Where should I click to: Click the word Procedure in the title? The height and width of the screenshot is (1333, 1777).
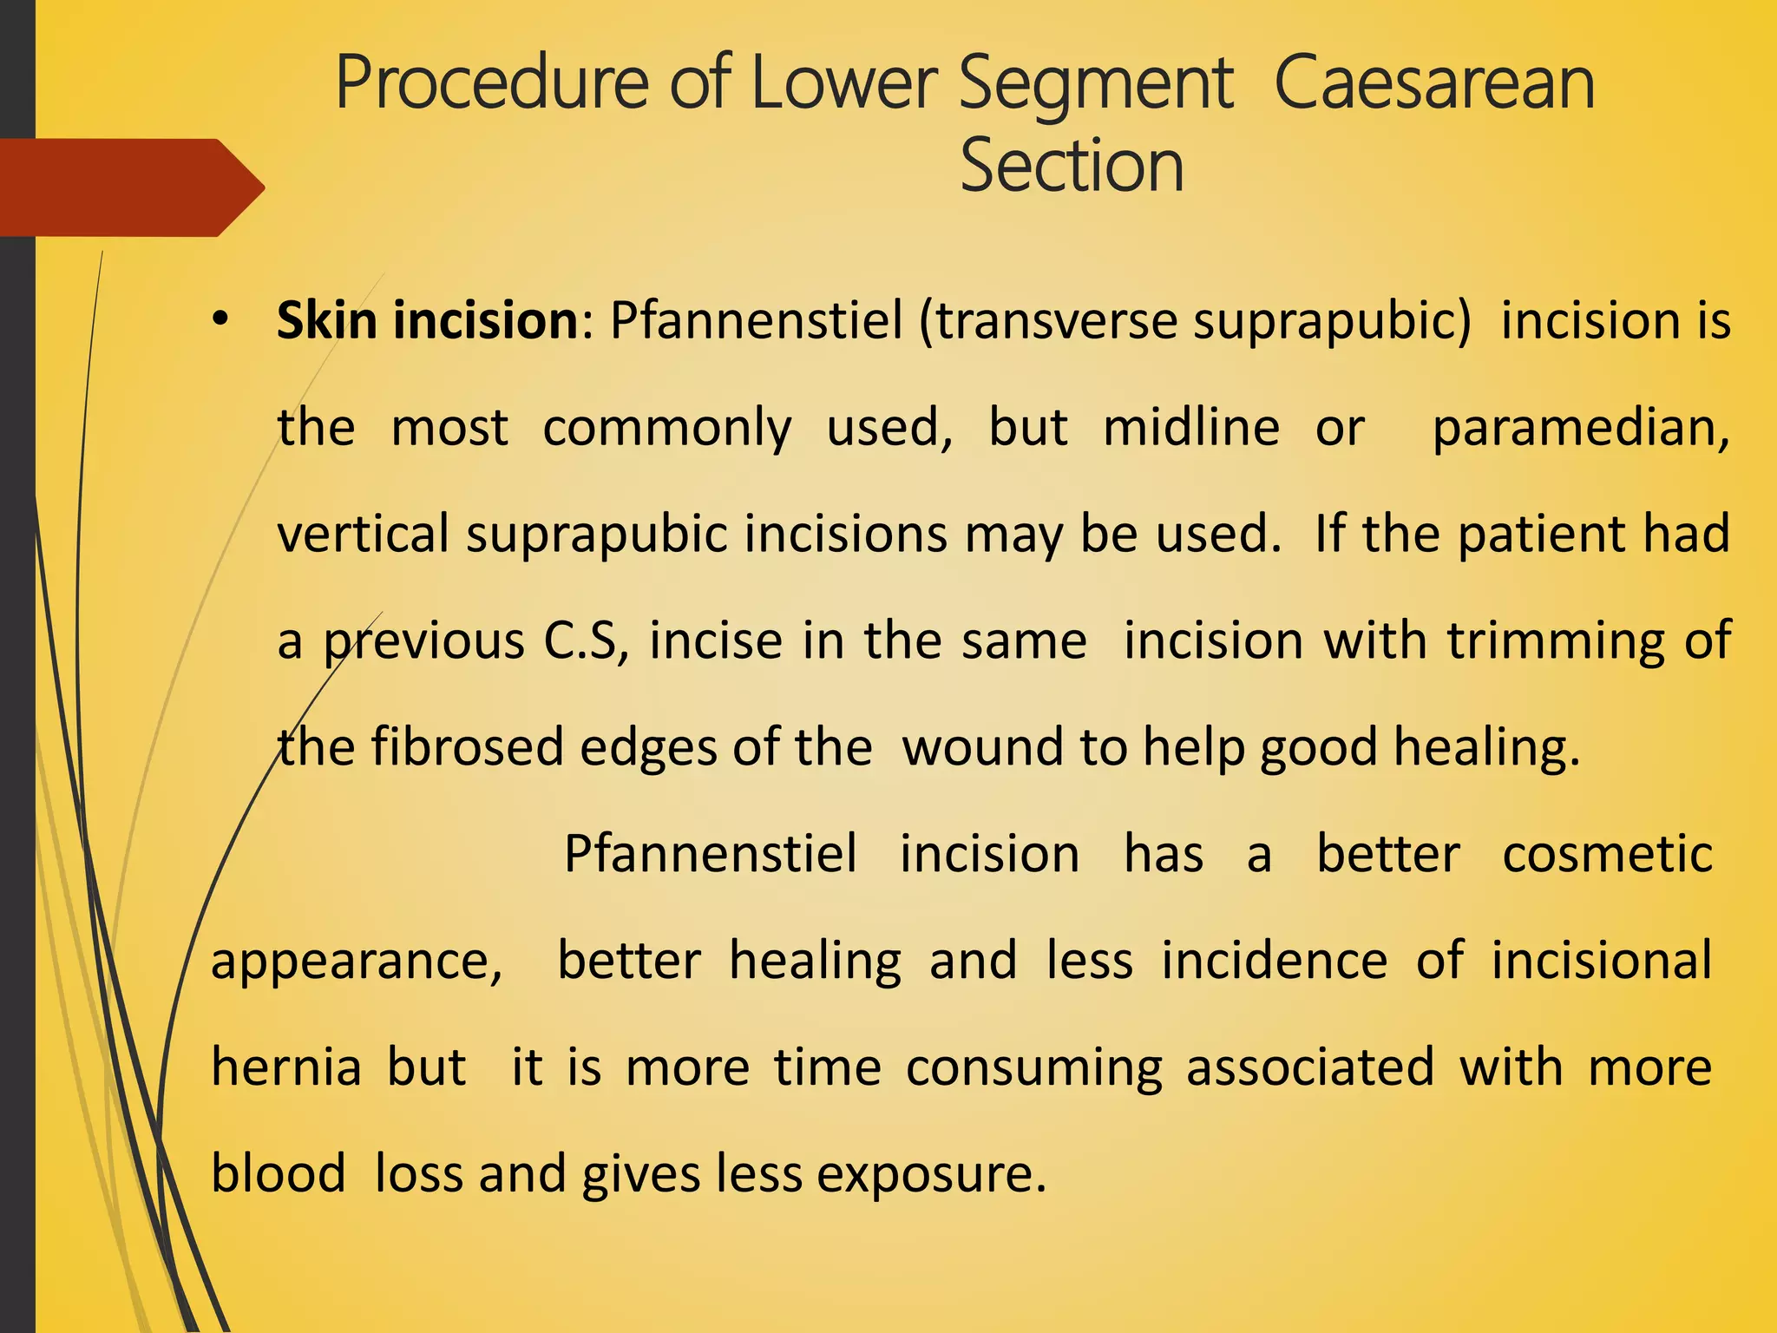pos(492,83)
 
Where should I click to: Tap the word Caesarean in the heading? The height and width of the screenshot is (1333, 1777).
pos(1434,83)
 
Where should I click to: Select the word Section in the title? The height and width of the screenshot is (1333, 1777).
pos(1072,166)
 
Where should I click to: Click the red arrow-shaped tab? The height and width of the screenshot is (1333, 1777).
pos(130,187)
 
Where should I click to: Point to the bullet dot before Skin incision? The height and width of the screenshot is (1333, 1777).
pos(220,320)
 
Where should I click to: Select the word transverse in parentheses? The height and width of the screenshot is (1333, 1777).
pos(1056,320)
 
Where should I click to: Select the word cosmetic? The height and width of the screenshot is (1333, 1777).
pos(1607,854)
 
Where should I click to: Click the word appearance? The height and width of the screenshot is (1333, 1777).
pos(357,962)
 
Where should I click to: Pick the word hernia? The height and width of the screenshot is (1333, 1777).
pos(286,1067)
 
